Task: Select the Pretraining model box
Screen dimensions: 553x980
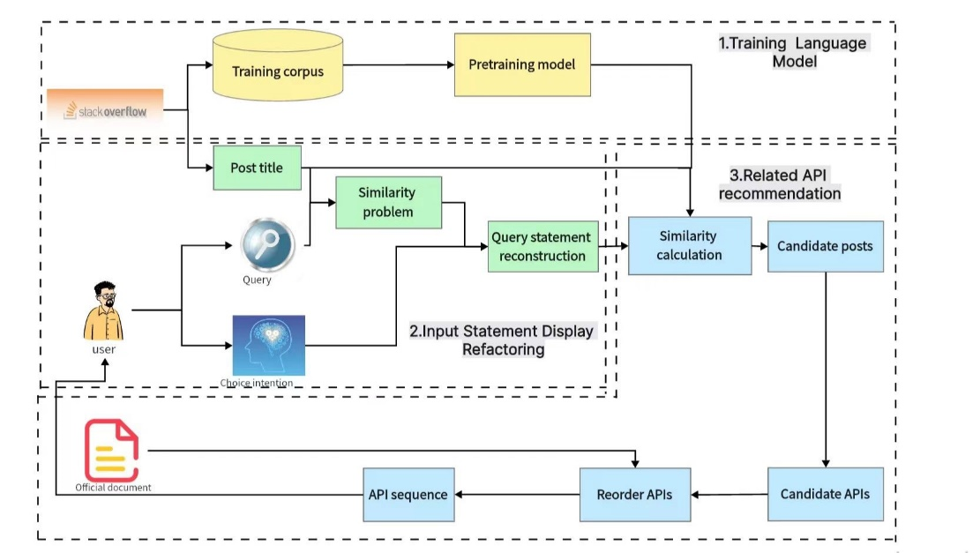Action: (x=522, y=64)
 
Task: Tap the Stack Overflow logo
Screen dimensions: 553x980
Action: (x=105, y=110)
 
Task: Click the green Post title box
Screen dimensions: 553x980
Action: (x=257, y=168)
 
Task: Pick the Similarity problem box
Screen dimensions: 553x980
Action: (x=388, y=202)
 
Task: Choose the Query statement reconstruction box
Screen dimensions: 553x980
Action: (x=542, y=246)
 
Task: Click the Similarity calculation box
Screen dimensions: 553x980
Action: (x=689, y=246)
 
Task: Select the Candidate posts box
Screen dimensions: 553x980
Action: (x=825, y=246)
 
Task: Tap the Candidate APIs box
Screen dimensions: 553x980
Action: (x=825, y=494)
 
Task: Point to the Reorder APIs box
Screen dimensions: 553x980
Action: (x=634, y=494)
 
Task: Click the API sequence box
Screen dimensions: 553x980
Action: (x=408, y=494)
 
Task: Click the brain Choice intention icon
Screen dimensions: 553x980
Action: (x=268, y=346)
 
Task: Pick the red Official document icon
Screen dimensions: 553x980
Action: (x=112, y=450)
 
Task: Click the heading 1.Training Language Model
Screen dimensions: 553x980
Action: (x=793, y=52)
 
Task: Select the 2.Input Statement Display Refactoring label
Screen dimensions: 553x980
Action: (x=502, y=340)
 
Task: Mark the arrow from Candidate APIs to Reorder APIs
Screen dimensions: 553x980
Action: (x=729, y=494)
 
